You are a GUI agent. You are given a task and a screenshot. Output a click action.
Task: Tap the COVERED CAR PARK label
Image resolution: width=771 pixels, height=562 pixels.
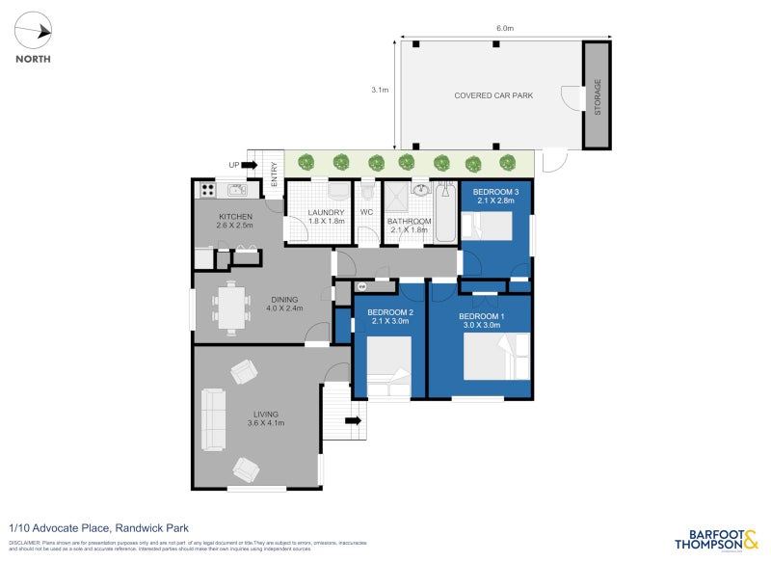[x=493, y=95]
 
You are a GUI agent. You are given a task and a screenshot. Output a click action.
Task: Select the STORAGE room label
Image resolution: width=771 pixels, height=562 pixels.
[x=597, y=96]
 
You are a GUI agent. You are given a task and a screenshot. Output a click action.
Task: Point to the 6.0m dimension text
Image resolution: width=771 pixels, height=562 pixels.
[x=504, y=29]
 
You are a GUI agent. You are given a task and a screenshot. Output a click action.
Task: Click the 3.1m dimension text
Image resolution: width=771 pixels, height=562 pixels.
[x=380, y=90]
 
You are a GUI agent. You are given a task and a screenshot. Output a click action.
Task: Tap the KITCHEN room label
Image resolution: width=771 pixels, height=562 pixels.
[x=236, y=216]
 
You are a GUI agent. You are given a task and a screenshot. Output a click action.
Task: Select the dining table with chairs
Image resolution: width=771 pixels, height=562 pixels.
[x=231, y=308]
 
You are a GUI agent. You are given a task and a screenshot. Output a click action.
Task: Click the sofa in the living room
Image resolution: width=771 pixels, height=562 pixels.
[x=212, y=419]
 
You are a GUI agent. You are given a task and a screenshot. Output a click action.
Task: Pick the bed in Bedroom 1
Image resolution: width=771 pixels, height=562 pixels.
[x=496, y=357]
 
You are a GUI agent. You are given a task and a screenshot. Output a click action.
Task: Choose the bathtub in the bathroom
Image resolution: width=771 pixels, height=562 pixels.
[x=444, y=212]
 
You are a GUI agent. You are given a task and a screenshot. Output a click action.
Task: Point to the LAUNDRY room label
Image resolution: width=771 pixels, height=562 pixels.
[x=326, y=213]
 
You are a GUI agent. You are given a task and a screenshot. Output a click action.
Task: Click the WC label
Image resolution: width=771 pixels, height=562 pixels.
[x=366, y=213]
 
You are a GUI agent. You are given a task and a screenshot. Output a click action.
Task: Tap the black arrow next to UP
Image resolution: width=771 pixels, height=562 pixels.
[x=249, y=165]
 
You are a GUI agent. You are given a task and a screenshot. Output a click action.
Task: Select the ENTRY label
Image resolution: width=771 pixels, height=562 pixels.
[x=275, y=174]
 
